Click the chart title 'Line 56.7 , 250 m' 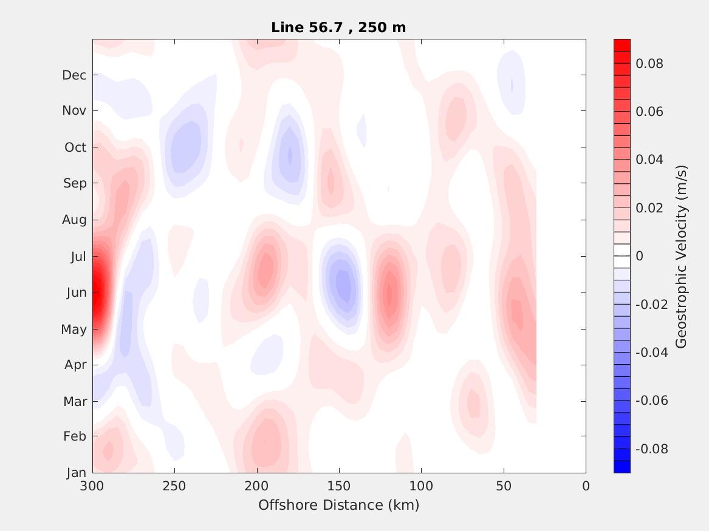338,27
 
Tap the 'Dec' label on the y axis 74,75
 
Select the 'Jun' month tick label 76,293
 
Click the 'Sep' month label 75,183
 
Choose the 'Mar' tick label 75,402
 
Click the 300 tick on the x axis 92,486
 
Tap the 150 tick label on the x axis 338,486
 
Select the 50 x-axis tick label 504,486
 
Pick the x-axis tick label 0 586,486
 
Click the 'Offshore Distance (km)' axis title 338,505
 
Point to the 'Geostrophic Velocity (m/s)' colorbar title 681,256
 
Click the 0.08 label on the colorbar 649,64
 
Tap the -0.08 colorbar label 651,449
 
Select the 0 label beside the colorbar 639,256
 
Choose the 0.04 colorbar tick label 649,160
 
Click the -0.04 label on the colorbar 651,353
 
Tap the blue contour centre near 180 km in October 290,155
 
